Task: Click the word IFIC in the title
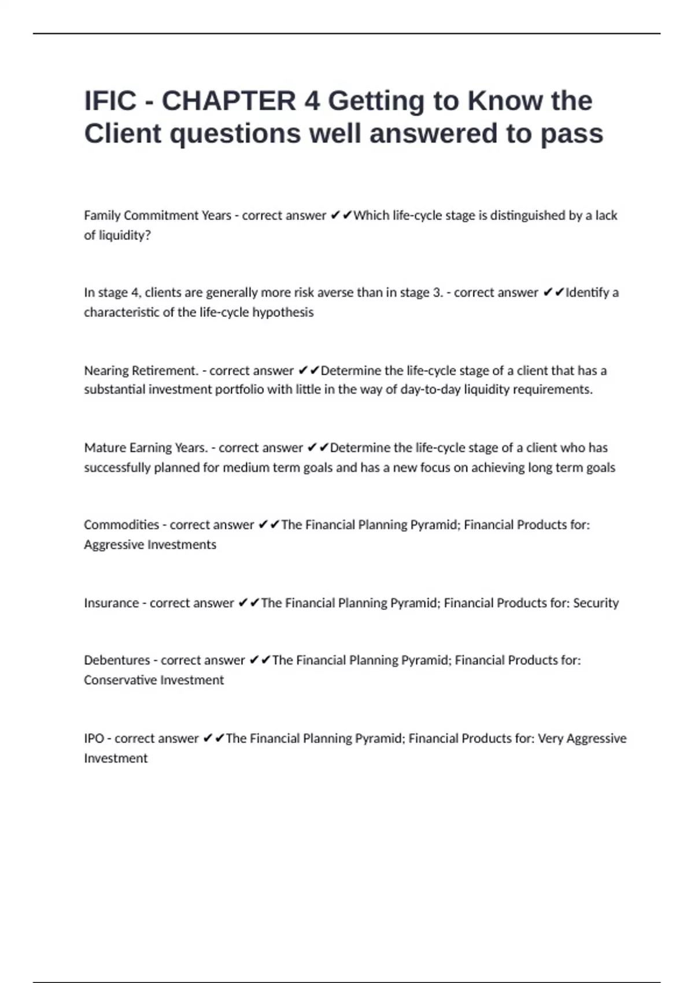tap(110, 101)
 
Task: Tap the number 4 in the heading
tap(312, 101)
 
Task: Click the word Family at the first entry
tap(102, 216)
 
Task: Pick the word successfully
tap(117, 468)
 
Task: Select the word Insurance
tap(111, 603)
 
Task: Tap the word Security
tap(595, 603)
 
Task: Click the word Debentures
tap(116, 660)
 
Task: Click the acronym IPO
tap(94, 738)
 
